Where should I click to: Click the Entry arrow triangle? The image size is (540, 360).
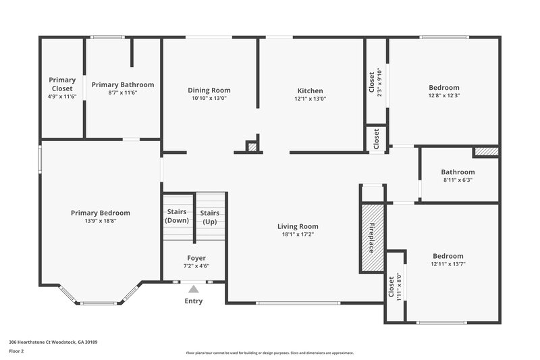point(193,288)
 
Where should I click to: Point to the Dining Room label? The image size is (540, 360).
point(209,90)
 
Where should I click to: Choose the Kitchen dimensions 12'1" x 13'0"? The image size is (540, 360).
point(310,99)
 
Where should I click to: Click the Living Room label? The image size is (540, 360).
point(298,226)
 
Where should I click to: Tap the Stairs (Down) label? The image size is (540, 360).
point(178,216)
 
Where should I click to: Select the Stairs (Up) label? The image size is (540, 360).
point(210,217)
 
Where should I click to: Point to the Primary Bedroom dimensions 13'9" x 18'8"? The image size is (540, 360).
point(100,221)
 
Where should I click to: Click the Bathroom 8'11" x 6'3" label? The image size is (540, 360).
point(458,172)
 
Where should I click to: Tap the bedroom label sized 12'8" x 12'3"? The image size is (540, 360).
point(444,87)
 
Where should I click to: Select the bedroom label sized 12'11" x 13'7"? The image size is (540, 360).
point(448,256)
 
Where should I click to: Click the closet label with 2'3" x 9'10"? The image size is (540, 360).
point(371,84)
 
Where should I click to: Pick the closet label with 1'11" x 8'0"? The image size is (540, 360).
point(391,287)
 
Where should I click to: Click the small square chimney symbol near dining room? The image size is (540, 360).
point(252,146)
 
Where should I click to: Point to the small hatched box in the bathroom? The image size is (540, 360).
point(485,152)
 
